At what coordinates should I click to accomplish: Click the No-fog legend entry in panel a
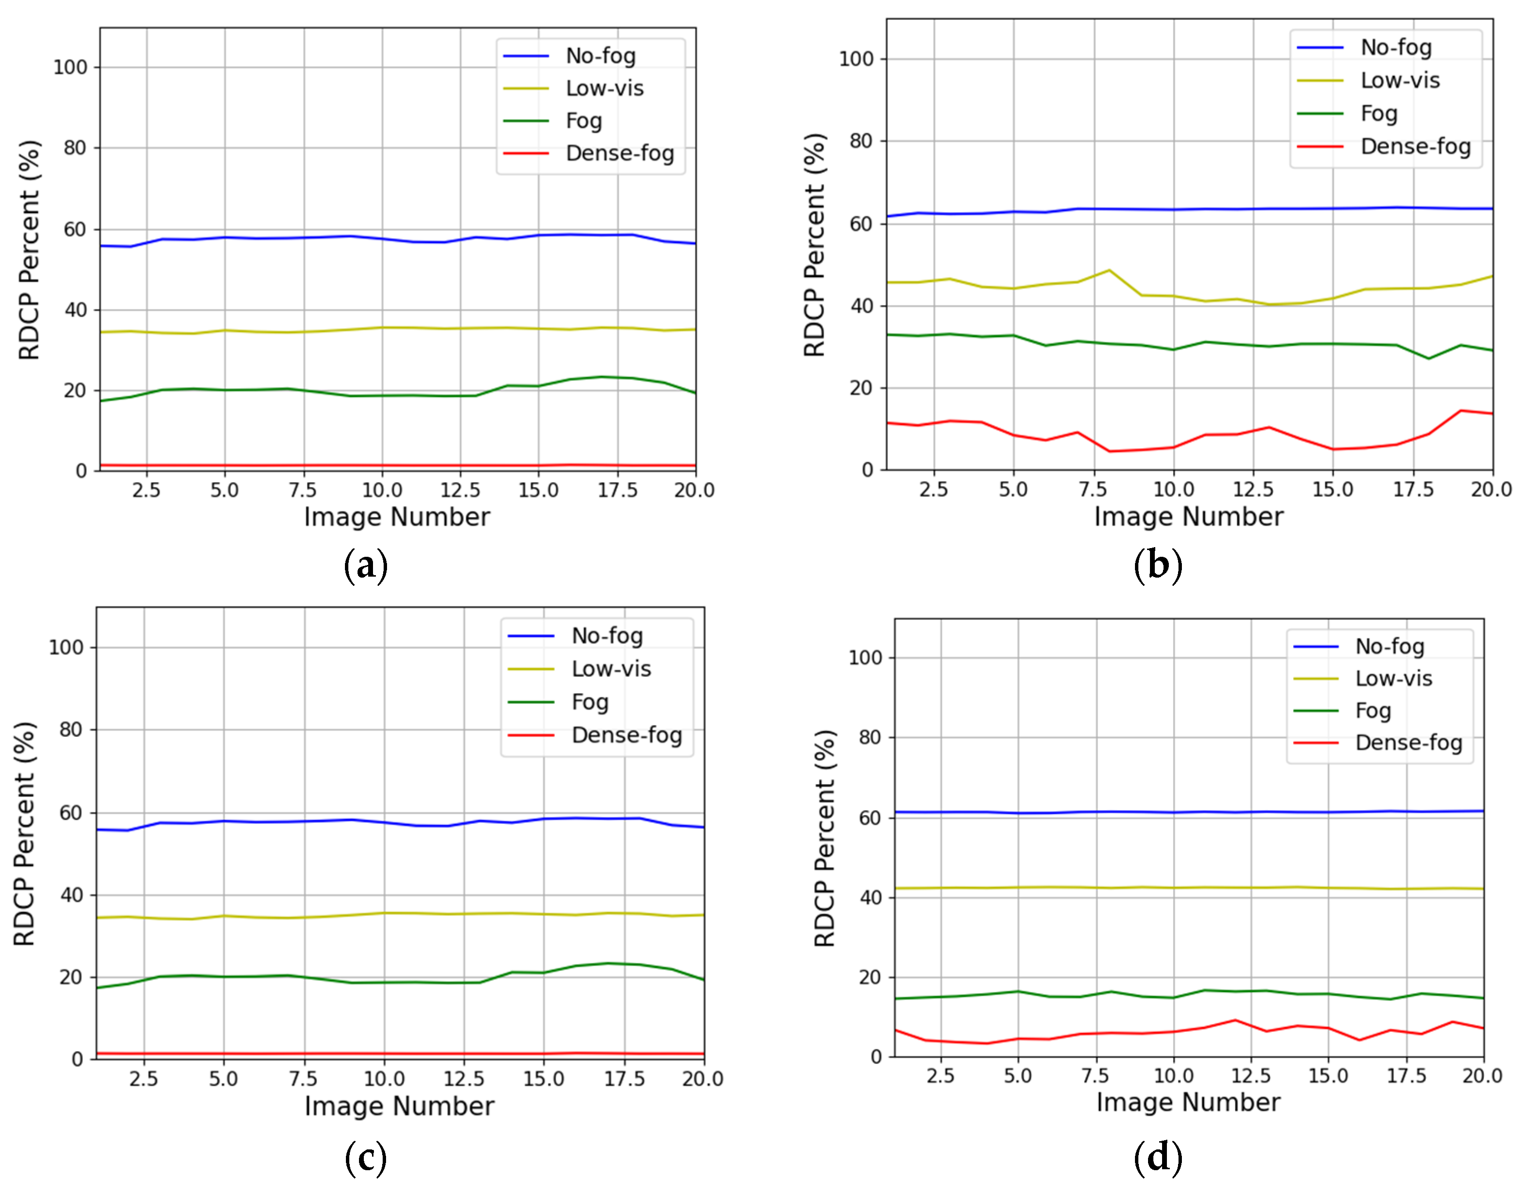click(599, 56)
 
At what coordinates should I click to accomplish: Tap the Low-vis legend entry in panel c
click(611, 669)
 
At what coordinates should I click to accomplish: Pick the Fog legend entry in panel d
click(1372, 711)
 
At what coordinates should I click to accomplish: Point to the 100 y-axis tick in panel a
click(71, 68)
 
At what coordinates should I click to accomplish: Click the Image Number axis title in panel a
click(397, 517)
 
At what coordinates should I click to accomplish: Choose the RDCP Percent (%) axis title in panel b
click(814, 245)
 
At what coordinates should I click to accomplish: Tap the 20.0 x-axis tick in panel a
click(694, 490)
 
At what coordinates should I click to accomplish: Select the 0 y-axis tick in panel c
click(77, 1059)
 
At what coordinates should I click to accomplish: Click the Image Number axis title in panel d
click(1188, 1102)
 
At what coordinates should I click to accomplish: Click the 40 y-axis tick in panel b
click(861, 306)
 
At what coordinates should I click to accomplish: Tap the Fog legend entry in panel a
click(583, 120)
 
